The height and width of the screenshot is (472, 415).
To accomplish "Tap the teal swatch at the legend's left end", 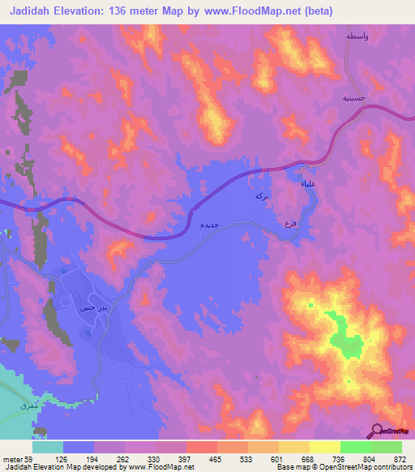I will click(48, 447).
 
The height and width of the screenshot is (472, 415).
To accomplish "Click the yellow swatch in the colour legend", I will click(325, 447).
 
